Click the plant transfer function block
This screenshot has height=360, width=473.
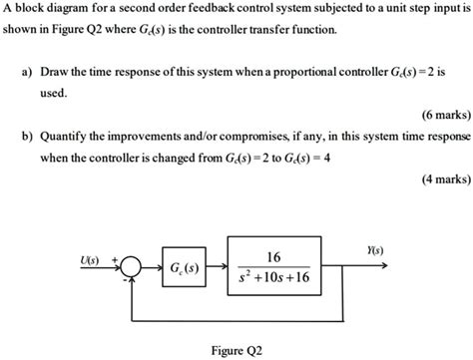[x=273, y=267]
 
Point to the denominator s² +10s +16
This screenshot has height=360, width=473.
[x=274, y=279]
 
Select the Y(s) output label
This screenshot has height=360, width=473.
[x=375, y=250]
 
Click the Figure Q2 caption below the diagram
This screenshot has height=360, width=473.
[x=237, y=350]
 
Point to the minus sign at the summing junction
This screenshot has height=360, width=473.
[x=126, y=282]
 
